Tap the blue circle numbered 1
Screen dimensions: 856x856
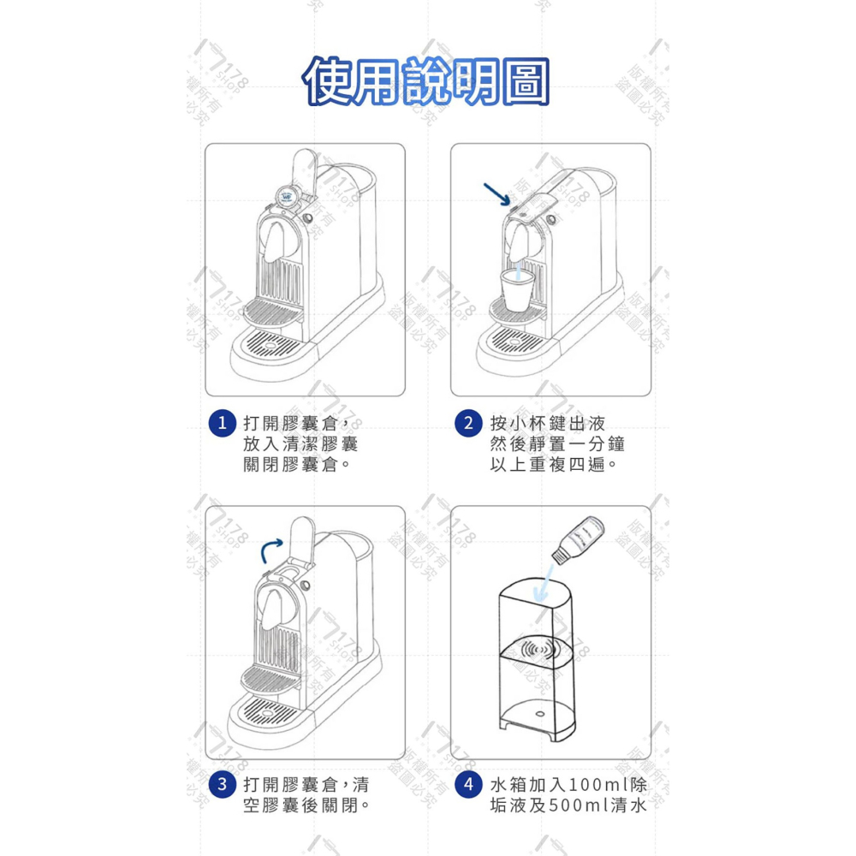pos(223,423)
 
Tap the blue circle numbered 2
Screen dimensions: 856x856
pos(468,423)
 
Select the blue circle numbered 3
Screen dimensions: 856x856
pos(223,784)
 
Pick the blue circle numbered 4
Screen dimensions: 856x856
pos(468,784)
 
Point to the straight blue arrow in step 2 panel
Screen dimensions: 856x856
pos(495,193)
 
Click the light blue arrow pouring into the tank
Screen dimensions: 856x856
pos(542,582)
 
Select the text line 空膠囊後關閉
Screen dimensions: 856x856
pos(306,805)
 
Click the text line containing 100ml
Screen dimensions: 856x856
pos(568,784)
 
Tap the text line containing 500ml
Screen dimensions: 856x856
pos(568,805)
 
